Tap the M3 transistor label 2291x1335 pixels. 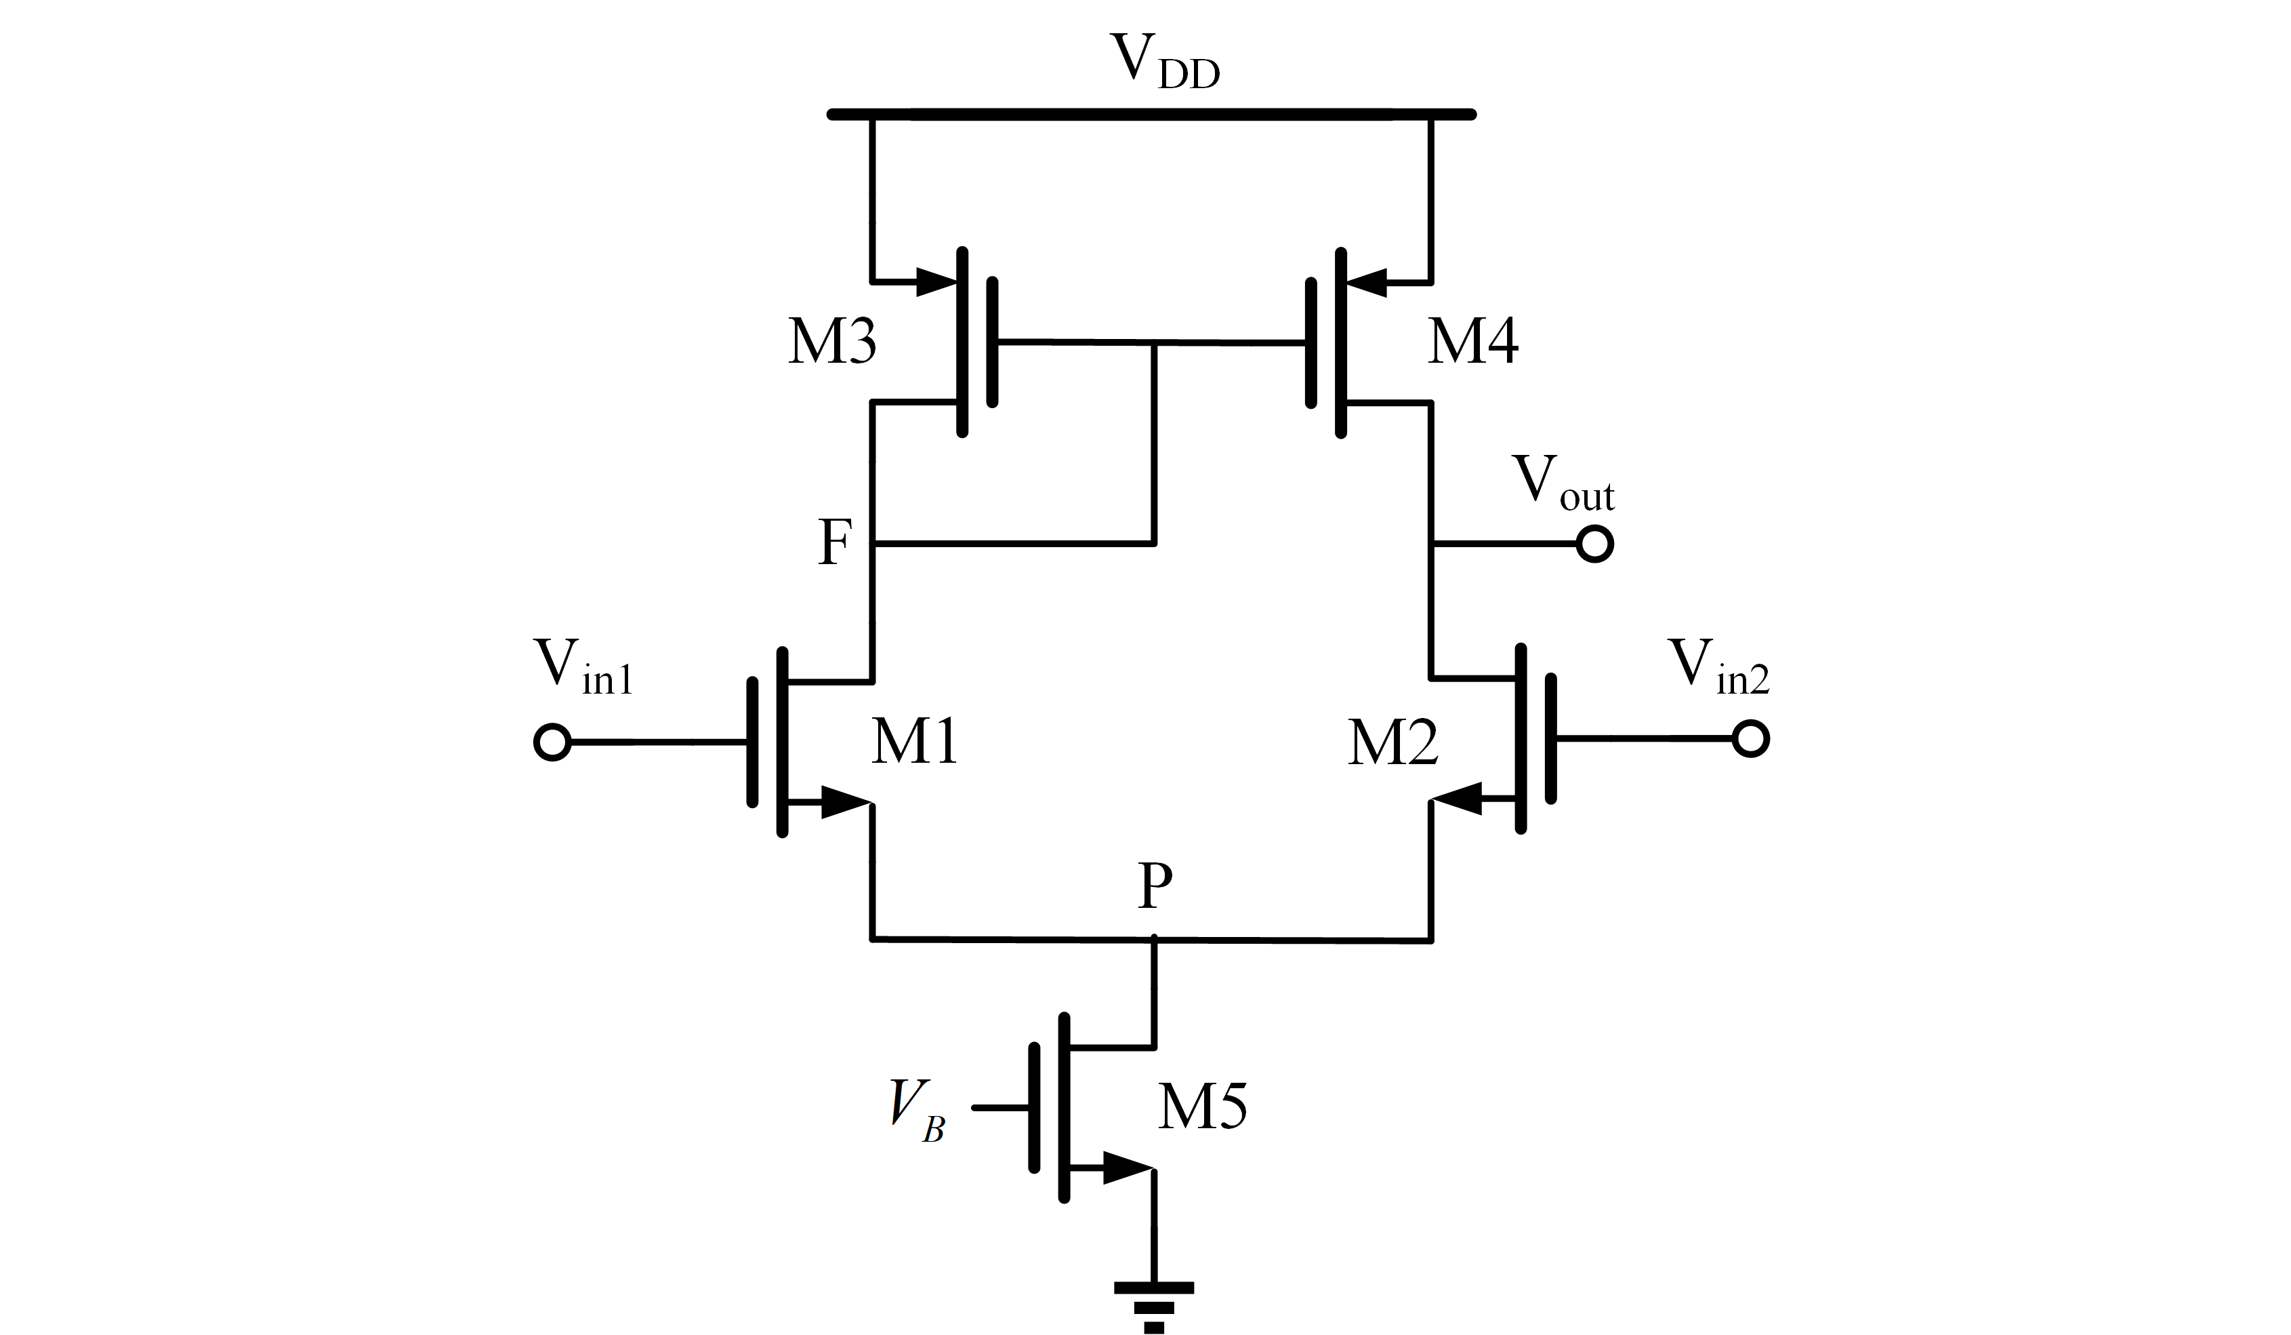[x=832, y=343]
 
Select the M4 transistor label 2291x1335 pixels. [x=1472, y=343]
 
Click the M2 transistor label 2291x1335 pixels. [x=1392, y=743]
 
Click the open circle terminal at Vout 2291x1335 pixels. [x=1594, y=544]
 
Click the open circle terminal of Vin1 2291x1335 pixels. [x=552, y=742]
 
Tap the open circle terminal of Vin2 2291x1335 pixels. [x=1750, y=738]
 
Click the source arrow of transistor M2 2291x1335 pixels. [x=1458, y=800]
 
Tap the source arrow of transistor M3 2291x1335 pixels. [x=936, y=282]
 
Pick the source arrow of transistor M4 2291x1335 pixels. [x=1367, y=282]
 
